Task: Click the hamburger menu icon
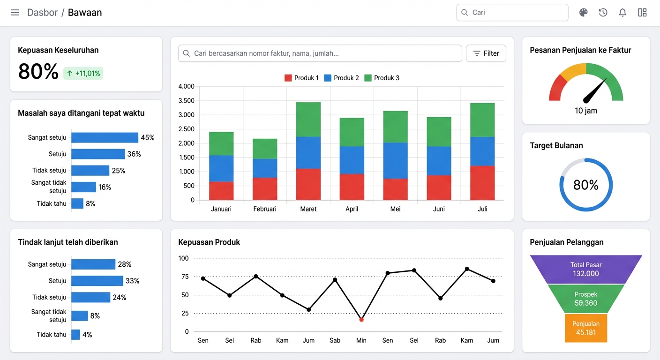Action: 15,12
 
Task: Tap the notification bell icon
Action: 622,12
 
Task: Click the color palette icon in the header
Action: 584,12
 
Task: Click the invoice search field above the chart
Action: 320,53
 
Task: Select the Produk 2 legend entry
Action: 342,78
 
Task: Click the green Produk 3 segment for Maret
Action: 308,120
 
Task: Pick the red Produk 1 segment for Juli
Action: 482,183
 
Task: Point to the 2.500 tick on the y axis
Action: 186,129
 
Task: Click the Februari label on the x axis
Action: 264,209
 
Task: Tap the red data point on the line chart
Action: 361,320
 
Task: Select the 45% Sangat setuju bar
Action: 105,137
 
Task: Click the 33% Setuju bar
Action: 97,281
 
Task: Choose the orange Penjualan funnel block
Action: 586,328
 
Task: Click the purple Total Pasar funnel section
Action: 586,269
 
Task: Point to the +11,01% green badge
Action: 83,73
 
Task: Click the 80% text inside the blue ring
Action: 586,185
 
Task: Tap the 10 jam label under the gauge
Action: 586,111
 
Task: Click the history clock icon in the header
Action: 603,12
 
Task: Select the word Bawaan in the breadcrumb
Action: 85,12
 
